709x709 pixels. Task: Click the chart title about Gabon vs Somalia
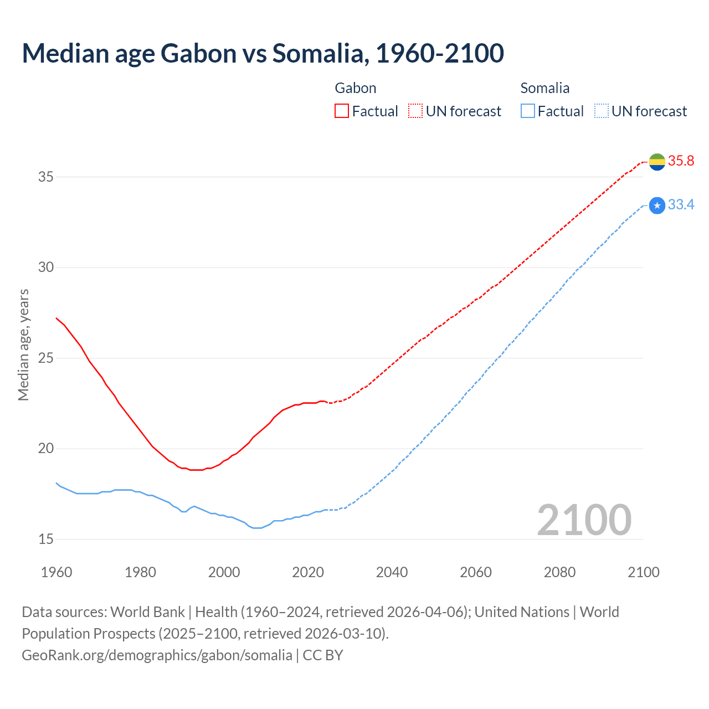[x=263, y=53]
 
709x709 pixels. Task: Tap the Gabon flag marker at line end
[x=657, y=162]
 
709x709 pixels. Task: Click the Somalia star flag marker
[x=657, y=205]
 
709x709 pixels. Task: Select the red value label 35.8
[x=681, y=161]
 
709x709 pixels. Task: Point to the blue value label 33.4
[x=681, y=205]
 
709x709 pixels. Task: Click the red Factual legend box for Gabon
[x=342, y=111]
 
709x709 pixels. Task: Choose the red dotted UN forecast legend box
[x=415, y=111]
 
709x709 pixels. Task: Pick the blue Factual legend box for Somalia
[x=528, y=111]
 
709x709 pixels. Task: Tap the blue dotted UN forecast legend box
[x=601, y=111]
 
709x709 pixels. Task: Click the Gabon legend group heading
[x=356, y=88]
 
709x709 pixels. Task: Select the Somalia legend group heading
[x=545, y=88]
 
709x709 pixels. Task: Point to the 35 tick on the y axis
[x=46, y=177]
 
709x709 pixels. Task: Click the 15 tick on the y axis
[x=46, y=539]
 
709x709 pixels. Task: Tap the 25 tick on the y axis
[x=46, y=358]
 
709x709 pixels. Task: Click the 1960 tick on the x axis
[x=56, y=572]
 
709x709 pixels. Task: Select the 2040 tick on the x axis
[x=392, y=572]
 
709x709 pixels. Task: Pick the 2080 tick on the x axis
[x=559, y=572]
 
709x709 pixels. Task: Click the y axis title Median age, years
[x=23, y=345]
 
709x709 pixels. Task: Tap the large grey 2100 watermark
[x=584, y=520]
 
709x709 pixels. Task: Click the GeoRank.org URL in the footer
[x=157, y=655]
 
